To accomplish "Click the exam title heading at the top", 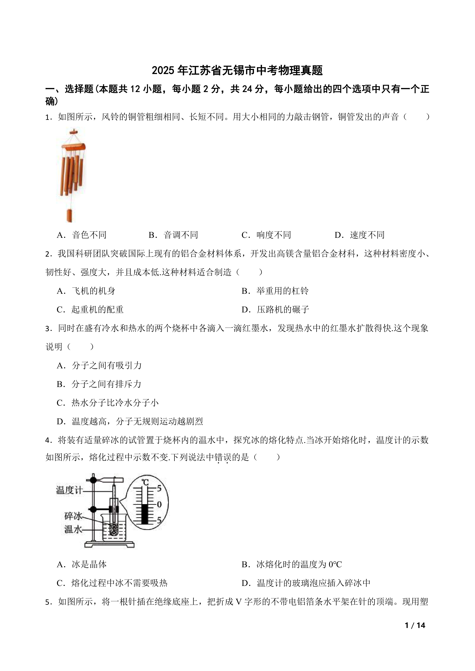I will (237, 70).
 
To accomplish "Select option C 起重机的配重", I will (90, 310).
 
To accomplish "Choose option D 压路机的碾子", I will (275, 310).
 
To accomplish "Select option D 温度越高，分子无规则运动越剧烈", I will (130, 421).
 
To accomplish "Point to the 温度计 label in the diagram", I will (69, 490).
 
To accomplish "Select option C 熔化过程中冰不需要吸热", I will (112, 583).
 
